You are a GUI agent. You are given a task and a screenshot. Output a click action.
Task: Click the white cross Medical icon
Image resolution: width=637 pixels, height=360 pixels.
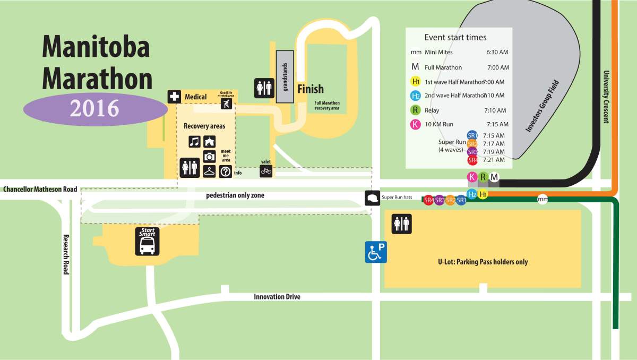pyautogui.click(x=174, y=97)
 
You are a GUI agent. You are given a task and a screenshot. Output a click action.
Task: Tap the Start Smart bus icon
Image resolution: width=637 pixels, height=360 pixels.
pyautogui.click(x=147, y=241)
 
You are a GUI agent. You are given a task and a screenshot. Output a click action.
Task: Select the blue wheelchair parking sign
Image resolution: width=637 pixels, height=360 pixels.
pyautogui.click(x=376, y=252)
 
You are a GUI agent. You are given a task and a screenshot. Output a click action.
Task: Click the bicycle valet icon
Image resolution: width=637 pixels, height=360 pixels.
pyautogui.click(x=266, y=171)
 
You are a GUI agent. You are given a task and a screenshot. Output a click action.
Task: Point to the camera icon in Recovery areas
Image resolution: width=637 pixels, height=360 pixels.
pyautogui.click(x=209, y=157)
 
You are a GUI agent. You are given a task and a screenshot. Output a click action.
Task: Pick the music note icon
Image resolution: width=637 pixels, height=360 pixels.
pyautogui.click(x=195, y=142)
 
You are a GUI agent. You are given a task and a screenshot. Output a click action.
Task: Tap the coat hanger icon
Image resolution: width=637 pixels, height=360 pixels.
pyautogui.click(x=209, y=172)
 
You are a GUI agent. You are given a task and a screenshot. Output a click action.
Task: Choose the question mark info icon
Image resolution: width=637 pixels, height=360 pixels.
pyautogui.click(x=225, y=172)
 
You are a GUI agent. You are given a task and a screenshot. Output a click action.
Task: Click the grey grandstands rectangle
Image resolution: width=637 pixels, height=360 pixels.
pyautogui.click(x=285, y=76)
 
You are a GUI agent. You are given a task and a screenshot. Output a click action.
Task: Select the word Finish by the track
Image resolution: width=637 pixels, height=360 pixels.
pyautogui.click(x=310, y=89)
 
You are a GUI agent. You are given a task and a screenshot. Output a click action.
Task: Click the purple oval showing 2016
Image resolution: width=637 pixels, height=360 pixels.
pyautogui.click(x=95, y=108)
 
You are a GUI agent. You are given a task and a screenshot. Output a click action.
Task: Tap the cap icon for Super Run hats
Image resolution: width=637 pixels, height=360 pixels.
pyautogui.click(x=372, y=198)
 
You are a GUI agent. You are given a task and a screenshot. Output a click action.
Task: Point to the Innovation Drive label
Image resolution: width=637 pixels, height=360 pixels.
pyautogui.click(x=277, y=297)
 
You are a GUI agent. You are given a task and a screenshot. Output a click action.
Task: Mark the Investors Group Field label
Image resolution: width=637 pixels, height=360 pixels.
pyautogui.click(x=541, y=106)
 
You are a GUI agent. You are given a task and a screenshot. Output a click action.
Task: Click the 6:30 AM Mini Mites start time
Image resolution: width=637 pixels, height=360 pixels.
pyautogui.click(x=497, y=53)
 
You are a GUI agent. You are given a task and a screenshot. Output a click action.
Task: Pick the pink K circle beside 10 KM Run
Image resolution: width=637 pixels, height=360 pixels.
pyautogui.click(x=416, y=125)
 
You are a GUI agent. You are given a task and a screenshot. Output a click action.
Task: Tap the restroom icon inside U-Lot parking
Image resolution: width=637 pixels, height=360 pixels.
pyautogui.click(x=401, y=224)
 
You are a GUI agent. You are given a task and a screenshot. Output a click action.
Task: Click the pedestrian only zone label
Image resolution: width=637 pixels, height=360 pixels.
pyautogui.click(x=235, y=195)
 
